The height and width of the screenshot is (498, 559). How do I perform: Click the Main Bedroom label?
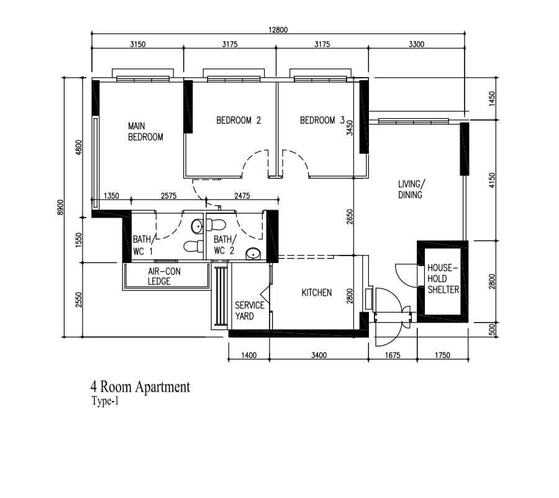tap(145, 132)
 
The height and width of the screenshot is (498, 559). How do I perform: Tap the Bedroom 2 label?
tap(239, 120)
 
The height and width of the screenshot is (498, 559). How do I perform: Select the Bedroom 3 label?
tap(322, 120)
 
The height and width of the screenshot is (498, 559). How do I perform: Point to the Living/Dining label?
tap(411, 190)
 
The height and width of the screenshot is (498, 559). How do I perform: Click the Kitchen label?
tap(317, 293)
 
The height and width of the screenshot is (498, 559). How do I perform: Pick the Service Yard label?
tap(249, 311)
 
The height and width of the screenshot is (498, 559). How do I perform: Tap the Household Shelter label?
tap(443, 279)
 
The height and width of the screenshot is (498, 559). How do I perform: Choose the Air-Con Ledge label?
tap(164, 277)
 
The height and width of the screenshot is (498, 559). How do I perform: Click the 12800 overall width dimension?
tap(278, 30)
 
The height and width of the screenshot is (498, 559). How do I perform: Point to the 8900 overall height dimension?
tap(60, 207)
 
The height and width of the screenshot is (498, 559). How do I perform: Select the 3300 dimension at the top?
tap(416, 44)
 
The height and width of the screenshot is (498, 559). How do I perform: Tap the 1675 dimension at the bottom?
tap(393, 355)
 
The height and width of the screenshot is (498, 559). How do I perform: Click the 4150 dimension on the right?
tap(493, 180)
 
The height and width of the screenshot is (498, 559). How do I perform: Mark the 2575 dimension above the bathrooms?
tap(168, 196)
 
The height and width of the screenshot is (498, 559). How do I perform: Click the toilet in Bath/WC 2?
tap(216, 225)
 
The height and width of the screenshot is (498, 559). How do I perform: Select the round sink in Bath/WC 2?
tap(253, 254)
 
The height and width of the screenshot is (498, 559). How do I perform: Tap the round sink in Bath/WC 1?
tap(197, 226)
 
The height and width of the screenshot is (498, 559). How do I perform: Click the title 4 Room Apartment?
tap(140, 387)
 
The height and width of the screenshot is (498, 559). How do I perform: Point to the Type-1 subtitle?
tap(105, 402)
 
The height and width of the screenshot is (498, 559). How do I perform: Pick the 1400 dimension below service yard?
tap(249, 355)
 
